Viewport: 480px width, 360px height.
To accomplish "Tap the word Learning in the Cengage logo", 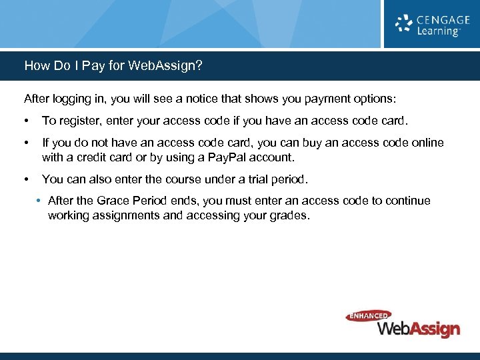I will (x=438, y=31).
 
